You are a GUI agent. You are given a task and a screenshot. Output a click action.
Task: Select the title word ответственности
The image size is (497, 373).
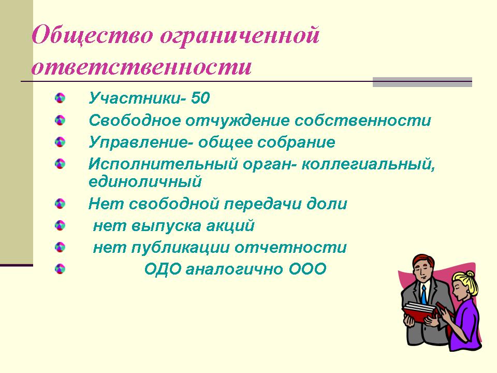[142, 67]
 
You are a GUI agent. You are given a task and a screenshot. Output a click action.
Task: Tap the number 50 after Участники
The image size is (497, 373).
[200, 98]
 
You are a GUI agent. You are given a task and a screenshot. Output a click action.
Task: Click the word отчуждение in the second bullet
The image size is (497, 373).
[238, 120]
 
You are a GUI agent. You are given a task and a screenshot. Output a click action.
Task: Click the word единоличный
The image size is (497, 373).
[145, 181]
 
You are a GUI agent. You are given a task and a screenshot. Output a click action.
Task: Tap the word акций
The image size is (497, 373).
[230, 226]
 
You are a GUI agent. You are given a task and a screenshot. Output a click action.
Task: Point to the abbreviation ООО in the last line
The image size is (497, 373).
[308, 269]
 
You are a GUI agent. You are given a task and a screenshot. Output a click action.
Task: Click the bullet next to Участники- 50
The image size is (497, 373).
[60, 98]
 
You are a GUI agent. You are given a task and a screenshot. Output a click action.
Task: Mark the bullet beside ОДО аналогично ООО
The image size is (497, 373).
[60, 269]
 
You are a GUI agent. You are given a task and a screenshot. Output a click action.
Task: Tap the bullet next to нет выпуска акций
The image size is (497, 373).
[60, 225]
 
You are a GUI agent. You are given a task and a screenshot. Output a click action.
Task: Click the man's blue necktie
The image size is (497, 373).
[424, 295]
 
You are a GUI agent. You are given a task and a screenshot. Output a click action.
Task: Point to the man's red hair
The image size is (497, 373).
[423, 261]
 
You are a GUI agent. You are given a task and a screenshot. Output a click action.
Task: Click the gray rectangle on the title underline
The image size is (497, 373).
[422, 82]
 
